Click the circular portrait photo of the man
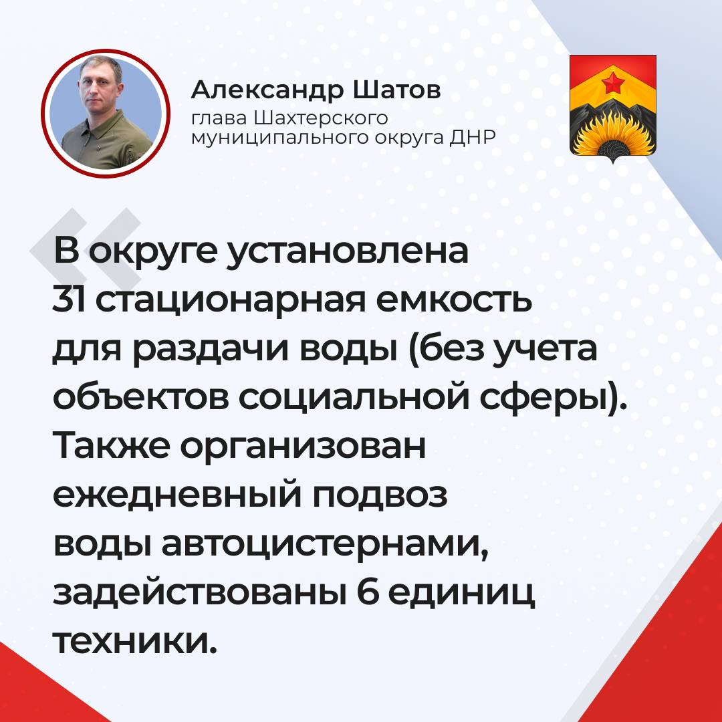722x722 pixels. pos(106,113)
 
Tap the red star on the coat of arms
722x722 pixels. pos(612,82)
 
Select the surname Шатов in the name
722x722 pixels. pos(397,90)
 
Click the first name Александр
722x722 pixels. pos(267,91)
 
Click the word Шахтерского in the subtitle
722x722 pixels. pos(321,119)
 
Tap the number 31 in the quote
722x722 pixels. pos(69,299)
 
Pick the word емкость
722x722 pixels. pos(455,299)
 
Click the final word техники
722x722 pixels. pos(134,640)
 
